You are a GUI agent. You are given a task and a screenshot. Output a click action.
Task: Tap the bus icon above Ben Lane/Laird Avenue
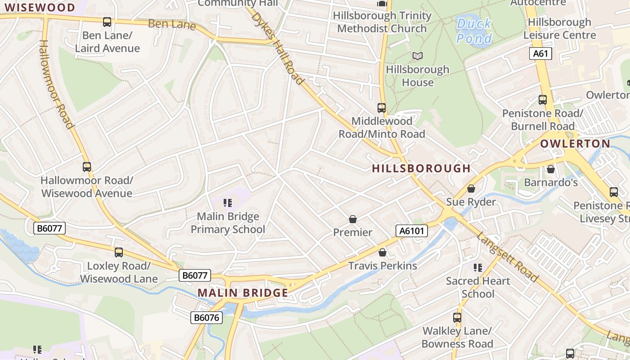point(107,22)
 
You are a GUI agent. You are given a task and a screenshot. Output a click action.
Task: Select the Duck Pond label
point(474,31)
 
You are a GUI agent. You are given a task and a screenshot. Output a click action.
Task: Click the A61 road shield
point(540,54)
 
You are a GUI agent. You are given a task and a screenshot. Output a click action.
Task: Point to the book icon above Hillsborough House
point(418,56)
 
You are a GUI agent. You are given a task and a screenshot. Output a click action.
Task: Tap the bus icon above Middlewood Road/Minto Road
point(382,108)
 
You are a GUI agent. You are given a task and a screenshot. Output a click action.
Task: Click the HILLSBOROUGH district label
point(421,168)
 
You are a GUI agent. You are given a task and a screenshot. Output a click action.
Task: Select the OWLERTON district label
point(575,144)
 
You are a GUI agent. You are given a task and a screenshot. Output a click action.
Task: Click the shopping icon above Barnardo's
point(550,169)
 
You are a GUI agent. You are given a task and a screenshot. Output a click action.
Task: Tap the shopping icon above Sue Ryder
point(471,189)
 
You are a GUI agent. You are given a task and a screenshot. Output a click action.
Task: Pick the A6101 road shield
point(411,231)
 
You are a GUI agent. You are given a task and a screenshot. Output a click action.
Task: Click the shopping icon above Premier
point(353,219)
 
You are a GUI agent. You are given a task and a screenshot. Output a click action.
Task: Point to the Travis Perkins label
point(382,265)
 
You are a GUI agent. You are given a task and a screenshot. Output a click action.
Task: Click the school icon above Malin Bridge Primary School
point(228,203)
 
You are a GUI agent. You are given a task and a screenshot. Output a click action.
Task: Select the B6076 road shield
point(207,318)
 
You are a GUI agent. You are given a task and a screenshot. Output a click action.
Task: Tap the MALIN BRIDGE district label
point(243,293)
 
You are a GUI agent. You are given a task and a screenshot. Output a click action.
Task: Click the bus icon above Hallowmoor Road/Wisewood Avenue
point(87,167)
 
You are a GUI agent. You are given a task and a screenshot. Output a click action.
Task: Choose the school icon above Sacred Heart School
point(478,268)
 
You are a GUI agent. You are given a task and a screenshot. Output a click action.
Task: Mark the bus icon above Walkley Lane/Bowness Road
point(457,317)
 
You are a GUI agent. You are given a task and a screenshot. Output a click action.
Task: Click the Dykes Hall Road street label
point(277,48)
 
